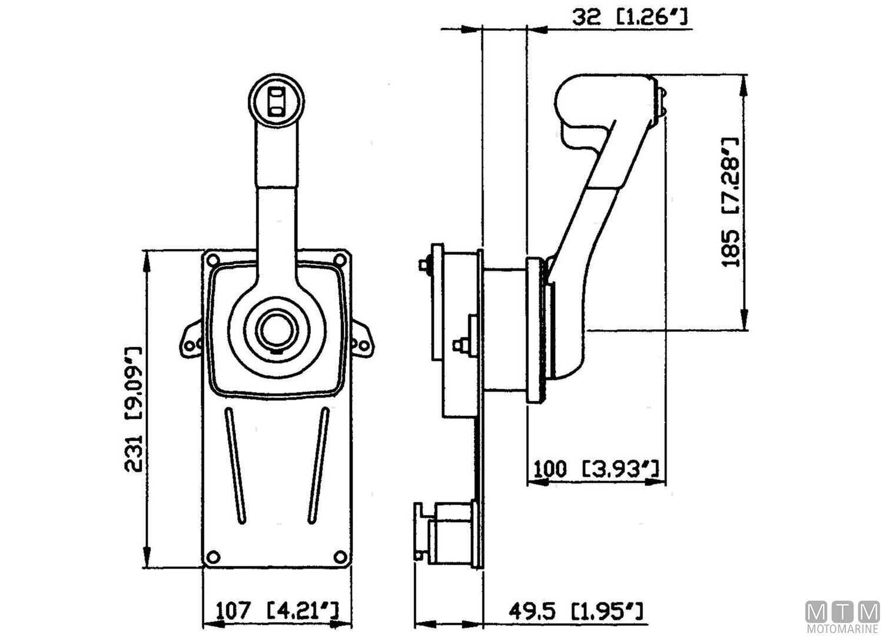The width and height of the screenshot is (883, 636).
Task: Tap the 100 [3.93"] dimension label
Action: (x=595, y=470)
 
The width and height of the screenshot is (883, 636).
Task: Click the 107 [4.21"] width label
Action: (x=277, y=609)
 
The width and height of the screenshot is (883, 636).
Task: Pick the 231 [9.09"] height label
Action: (x=133, y=409)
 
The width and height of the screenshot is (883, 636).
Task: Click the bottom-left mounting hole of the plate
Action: (x=214, y=557)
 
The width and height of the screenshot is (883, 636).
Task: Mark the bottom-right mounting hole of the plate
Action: (x=340, y=557)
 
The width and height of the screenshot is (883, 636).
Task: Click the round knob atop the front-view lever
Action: (x=276, y=100)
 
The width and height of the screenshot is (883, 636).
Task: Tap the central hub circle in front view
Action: (x=277, y=329)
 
